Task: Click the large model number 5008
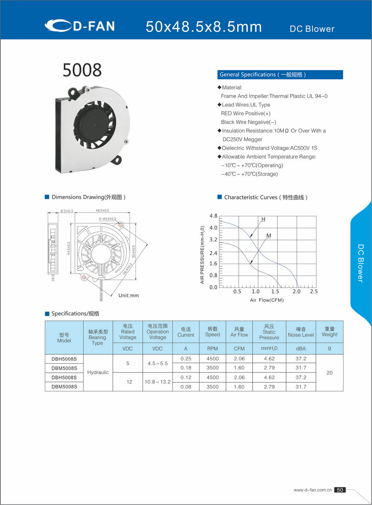pyautogui.click(x=82, y=70)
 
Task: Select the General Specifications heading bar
pyautogui.click(x=280, y=75)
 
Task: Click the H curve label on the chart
pyautogui.click(x=263, y=219)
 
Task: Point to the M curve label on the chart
pyautogui.click(x=268, y=236)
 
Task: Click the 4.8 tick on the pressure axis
pyautogui.click(x=213, y=216)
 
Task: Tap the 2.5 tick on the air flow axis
pyautogui.click(x=314, y=292)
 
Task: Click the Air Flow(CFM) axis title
pyautogui.click(x=267, y=300)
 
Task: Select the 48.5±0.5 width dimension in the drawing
pyautogui.click(x=102, y=210)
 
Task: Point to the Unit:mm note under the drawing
pyautogui.click(x=129, y=295)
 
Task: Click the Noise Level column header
pyautogui.click(x=301, y=332)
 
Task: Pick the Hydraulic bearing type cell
pyautogui.click(x=98, y=372)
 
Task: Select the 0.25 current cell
pyautogui.click(x=186, y=359)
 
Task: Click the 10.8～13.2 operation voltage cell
pyautogui.click(x=158, y=382)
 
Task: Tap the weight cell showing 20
pyautogui.click(x=329, y=372)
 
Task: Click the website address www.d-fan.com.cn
pyautogui.click(x=312, y=490)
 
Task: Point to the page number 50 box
pyautogui.click(x=340, y=490)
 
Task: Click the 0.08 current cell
pyautogui.click(x=186, y=387)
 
